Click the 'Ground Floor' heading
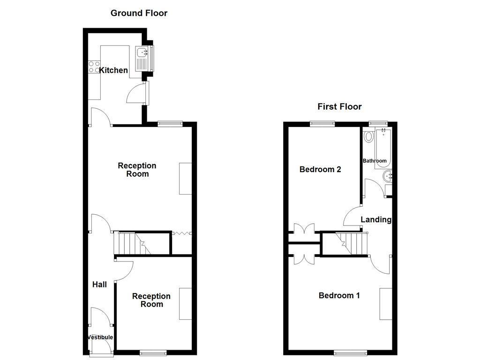(x=139, y=13)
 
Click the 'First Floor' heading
(x=339, y=106)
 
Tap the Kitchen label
(x=113, y=70)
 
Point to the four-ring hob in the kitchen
(x=94, y=67)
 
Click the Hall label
(x=99, y=285)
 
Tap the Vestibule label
(x=100, y=337)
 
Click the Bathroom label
(x=375, y=161)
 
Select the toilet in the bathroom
(x=368, y=136)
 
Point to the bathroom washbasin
(x=388, y=176)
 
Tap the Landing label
(x=376, y=219)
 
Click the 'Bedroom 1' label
(x=339, y=295)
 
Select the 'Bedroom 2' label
(x=320, y=169)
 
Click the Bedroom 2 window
(x=322, y=123)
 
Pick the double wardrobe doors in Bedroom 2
(x=304, y=229)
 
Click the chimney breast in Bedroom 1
(x=386, y=304)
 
